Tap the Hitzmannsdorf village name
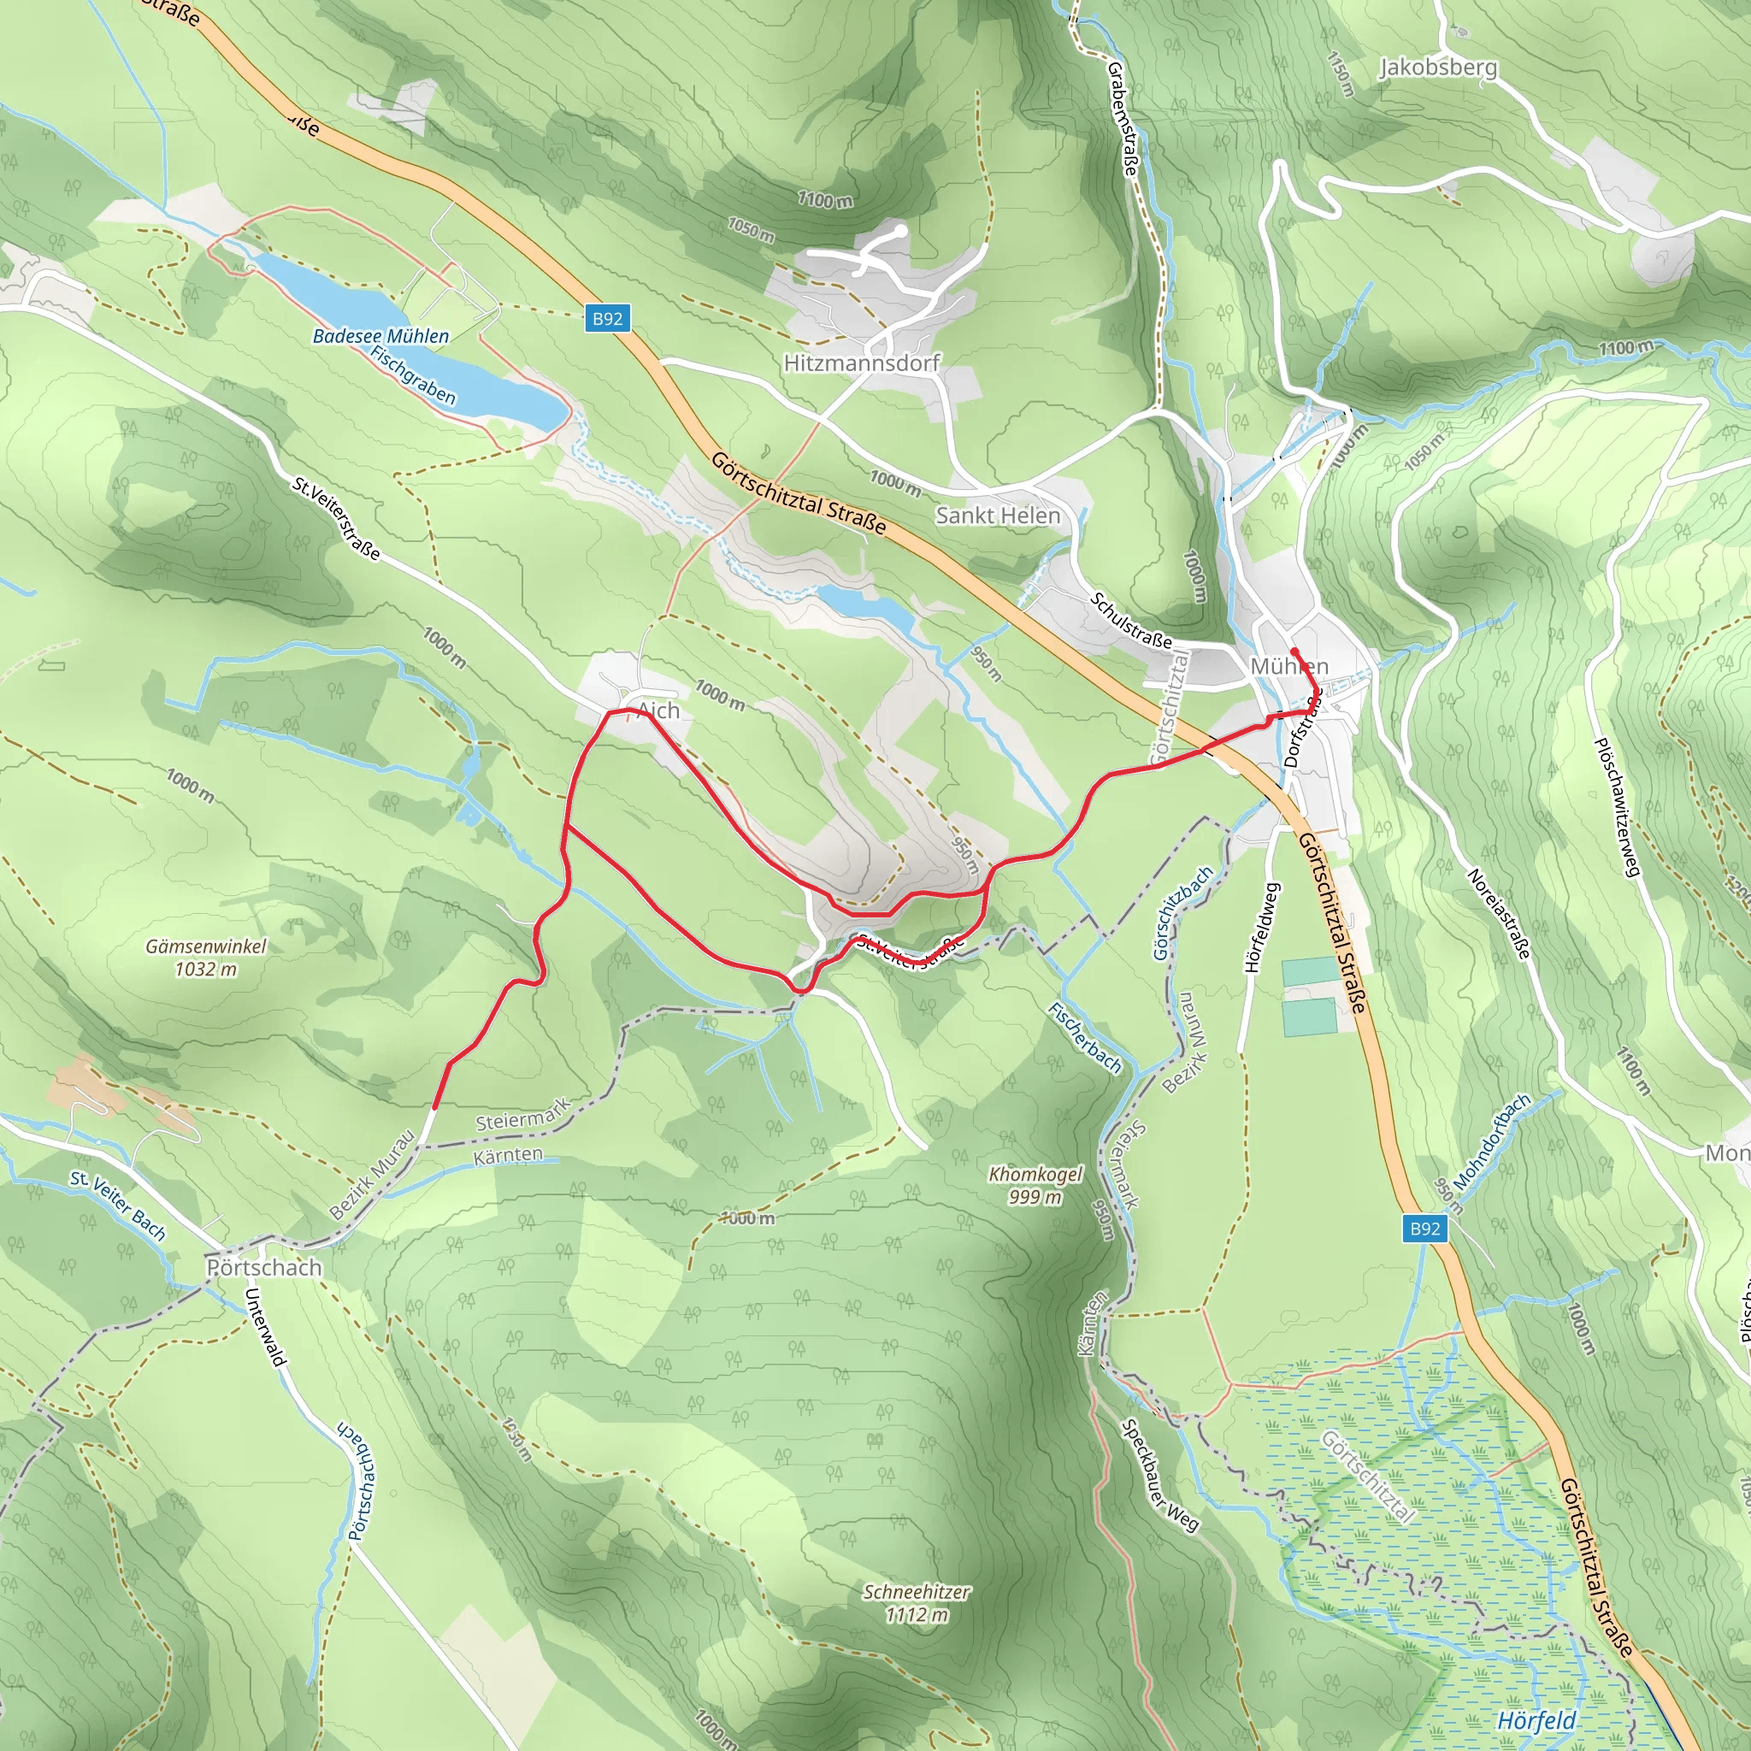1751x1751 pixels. tap(861, 363)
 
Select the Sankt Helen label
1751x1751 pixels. tap(998, 516)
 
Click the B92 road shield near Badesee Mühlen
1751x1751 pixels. tap(607, 318)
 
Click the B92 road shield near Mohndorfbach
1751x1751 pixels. tap(1424, 1228)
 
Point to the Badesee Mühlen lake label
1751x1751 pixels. tap(380, 336)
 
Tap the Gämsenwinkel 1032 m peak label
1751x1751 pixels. tap(206, 957)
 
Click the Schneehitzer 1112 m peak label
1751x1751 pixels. tap(917, 1602)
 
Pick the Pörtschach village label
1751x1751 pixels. tap(263, 1267)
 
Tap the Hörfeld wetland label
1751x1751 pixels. tap(1536, 1720)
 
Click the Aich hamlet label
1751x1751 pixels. tap(659, 711)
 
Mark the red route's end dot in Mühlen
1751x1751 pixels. tap(1294, 652)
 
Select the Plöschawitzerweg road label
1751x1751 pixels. tap(1617, 806)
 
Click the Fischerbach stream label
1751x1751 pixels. tap(1085, 1038)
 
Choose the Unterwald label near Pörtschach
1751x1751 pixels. tap(267, 1327)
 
